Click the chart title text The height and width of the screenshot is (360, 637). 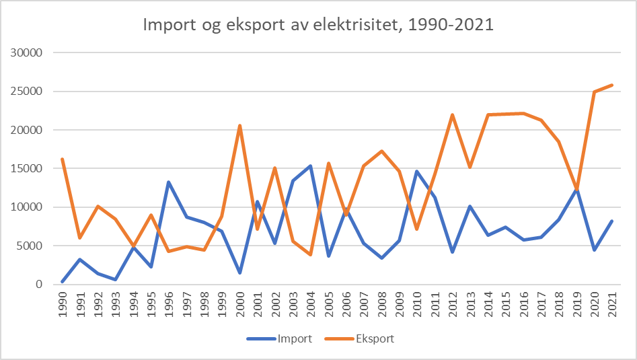(x=319, y=26)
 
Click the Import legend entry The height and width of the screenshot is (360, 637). (x=295, y=338)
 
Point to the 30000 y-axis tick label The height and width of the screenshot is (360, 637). (x=28, y=52)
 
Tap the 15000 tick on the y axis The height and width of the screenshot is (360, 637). (x=28, y=168)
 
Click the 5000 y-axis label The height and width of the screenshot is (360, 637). (x=30, y=246)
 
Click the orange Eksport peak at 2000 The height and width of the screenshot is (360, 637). (x=239, y=125)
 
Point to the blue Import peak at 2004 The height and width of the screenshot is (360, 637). (x=310, y=166)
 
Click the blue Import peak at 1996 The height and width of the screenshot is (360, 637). (x=168, y=182)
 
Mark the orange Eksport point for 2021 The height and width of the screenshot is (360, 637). (x=612, y=85)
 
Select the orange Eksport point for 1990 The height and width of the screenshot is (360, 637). (x=62, y=159)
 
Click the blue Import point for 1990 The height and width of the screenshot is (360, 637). (x=62, y=281)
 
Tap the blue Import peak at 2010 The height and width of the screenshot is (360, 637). (x=417, y=171)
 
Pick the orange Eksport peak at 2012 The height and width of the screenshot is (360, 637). (x=452, y=114)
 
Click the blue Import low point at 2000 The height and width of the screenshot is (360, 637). (x=239, y=273)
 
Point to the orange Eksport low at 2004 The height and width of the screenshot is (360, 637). (x=310, y=254)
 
